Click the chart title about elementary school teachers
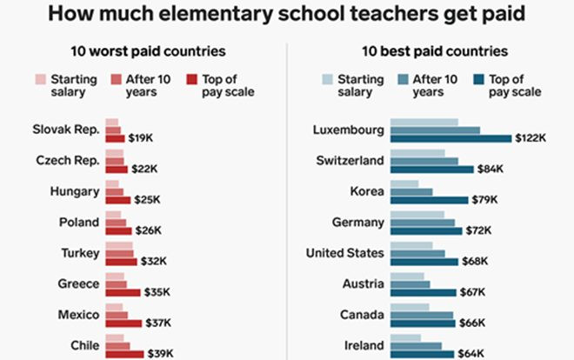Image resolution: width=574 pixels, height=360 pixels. [x=286, y=15]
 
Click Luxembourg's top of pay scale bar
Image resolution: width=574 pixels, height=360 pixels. [x=451, y=138]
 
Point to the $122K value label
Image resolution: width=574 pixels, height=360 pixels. [x=530, y=138]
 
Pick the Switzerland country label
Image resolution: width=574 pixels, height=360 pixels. [x=347, y=161]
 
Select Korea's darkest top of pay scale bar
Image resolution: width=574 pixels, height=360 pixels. [x=429, y=200]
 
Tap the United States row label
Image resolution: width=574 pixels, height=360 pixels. [x=344, y=253]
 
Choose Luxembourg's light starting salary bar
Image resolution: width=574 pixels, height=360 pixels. [x=424, y=123]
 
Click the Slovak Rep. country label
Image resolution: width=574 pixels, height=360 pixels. [x=66, y=130]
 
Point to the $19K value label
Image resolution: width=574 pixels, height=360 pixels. [x=141, y=138]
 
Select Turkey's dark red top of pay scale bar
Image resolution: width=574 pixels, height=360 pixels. [x=121, y=261]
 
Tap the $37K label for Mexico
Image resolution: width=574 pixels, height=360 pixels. [x=157, y=323]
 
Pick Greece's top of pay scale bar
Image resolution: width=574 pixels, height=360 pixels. [x=123, y=292]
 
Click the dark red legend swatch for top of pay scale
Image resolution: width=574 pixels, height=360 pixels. [x=194, y=80]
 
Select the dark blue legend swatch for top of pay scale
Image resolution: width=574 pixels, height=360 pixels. [x=479, y=80]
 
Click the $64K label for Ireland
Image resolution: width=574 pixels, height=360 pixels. [x=470, y=354]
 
